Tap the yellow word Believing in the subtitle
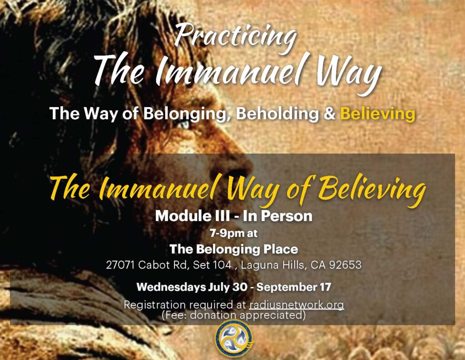pyautogui.click(x=377, y=114)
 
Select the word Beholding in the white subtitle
pyautogui.click(x=277, y=113)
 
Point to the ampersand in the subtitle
pyautogui.click(x=329, y=114)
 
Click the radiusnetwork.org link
pyautogui.click(x=297, y=305)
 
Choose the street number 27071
pyautogui.click(x=120, y=265)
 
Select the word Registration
pyautogui.click(x=154, y=305)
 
